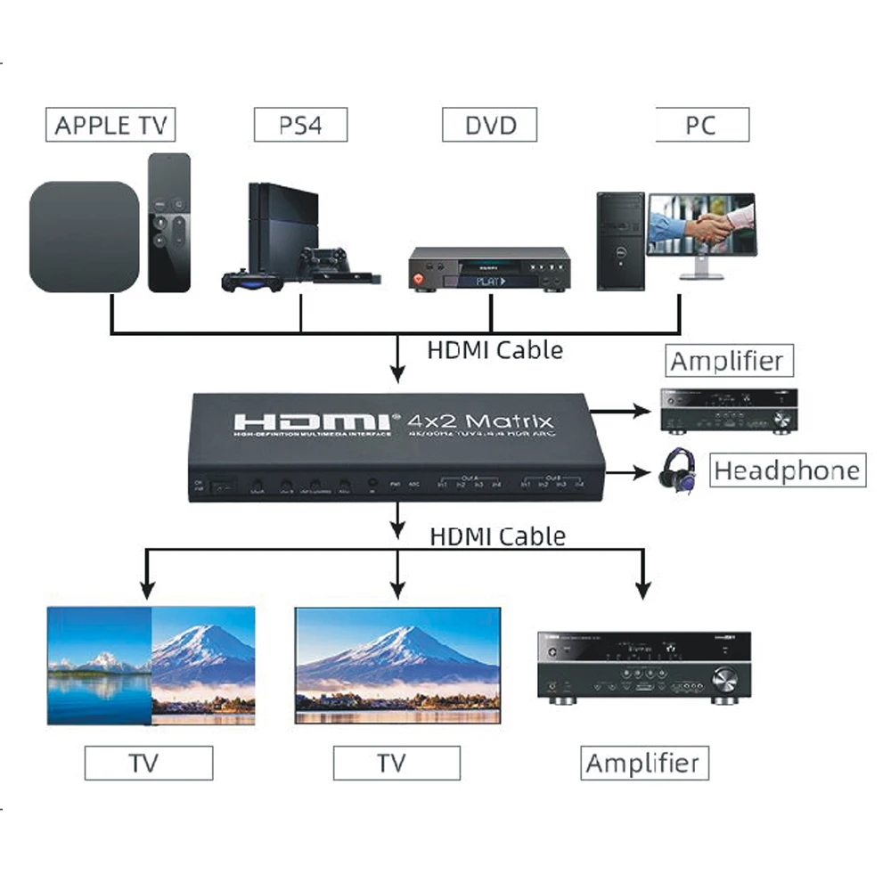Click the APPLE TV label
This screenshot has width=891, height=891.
[x=110, y=125]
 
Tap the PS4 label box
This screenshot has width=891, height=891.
[x=300, y=125]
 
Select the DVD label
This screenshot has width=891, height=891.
[x=490, y=125]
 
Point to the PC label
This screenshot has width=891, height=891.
[x=701, y=125]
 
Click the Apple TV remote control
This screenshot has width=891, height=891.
[x=169, y=223]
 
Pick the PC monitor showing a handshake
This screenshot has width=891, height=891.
[x=702, y=227]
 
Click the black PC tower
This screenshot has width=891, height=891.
[x=621, y=241]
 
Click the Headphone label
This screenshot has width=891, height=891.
[x=789, y=470]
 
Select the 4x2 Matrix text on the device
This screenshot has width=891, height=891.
[x=480, y=421]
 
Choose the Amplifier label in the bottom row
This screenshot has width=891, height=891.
[x=642, y=764]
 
